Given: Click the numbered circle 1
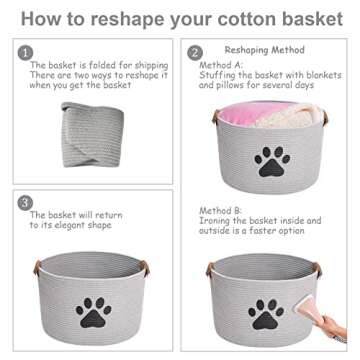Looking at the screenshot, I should (26, 52).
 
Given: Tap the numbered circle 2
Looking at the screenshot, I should (195, 52).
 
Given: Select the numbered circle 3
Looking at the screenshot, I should (26, 203).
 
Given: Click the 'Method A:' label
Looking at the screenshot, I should (221, 62).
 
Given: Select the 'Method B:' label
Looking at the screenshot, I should (221, 211).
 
